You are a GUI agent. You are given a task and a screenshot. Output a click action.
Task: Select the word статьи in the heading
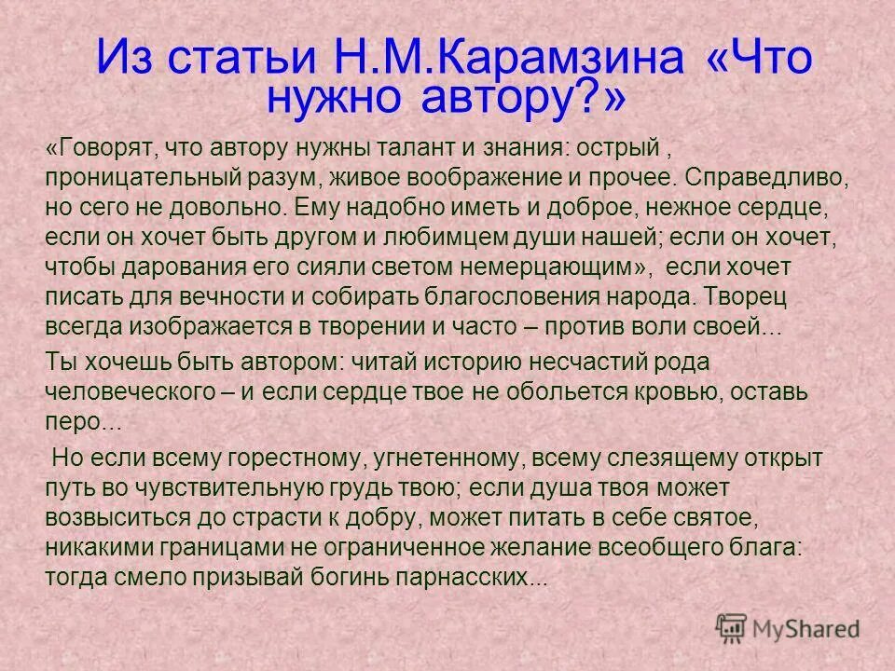tap(239, 61)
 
